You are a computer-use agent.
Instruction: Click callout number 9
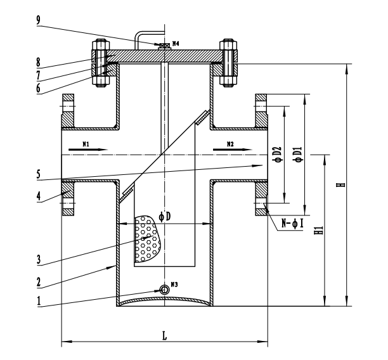click(x=38, y=20)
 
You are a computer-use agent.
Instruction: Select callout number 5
click(x=38, y=174)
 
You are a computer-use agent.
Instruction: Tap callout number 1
click(x=38, y=301)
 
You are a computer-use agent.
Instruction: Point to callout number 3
click(x=38, y=260)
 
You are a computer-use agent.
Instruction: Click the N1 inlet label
click(x=86, y=144)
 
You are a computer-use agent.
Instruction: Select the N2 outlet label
click(x=230, y=144)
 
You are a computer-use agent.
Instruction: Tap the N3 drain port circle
click(x=165, y=289)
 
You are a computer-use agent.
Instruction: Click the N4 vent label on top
click(x=176, y=44)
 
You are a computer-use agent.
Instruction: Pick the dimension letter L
click(x=165, y=336)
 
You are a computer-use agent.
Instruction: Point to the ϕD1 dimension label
click(x=298, y=155)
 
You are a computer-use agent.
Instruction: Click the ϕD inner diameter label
click(x=165, y=217)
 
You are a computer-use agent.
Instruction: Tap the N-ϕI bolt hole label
click(x=292, y=224)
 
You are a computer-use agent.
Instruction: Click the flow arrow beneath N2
click(x=232, y=150)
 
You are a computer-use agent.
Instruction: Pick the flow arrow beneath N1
click(x=88, y=150)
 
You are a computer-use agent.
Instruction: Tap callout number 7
click(x=38, y=75)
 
